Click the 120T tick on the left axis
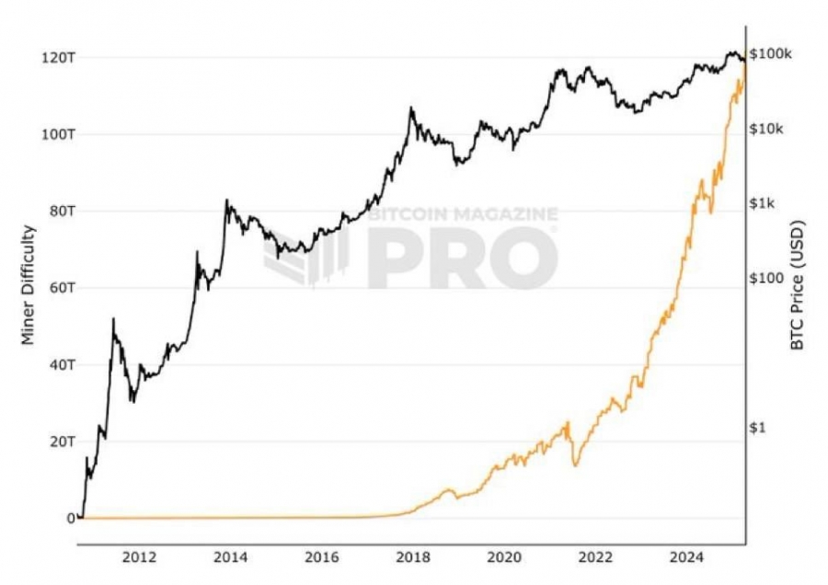pos(58,57)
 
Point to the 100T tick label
pos(58,134)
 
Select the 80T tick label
pos(63,212)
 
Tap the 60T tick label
pos(63,288)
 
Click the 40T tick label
pos(63,365)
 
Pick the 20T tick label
pos(63,442)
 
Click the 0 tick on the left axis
pos(71,519)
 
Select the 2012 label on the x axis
pos(140,557)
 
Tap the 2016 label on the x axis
pos(322,557)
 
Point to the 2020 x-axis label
pos(504,557)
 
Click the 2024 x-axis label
pos(686,557)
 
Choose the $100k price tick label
pos(771,54)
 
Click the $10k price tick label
pos(766,129)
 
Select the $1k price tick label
pos(763,204)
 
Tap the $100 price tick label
pos(766,279)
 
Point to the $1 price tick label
pos(757,429)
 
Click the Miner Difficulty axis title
pos(29,286)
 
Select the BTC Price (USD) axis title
pos(797,285)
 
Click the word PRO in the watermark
pos(463,258)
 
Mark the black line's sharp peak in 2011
pos(113,318)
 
